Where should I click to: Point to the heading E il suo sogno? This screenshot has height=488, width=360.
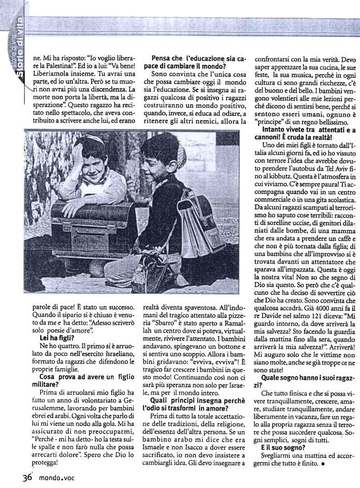[x=279, y=446]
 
